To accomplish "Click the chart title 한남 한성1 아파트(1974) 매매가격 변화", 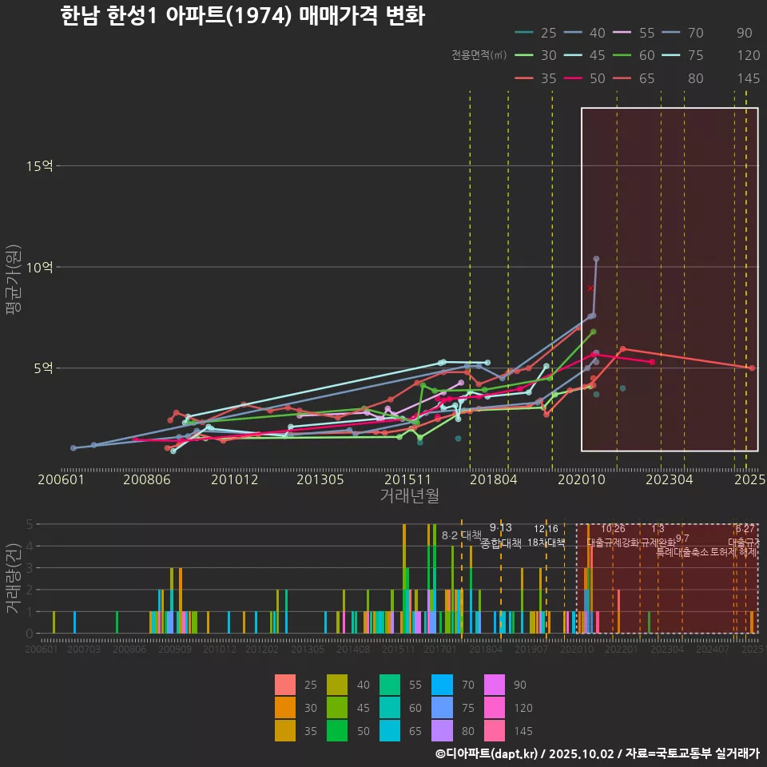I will coord(242,17).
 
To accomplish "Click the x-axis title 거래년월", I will coord(409,495).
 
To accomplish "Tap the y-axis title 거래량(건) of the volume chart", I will coord(12,578).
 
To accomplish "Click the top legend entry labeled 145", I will coord(748,78).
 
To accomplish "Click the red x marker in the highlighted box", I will coord(590,288).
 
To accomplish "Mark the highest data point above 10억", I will coord(596,259).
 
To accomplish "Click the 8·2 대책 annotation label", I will coord(462,535).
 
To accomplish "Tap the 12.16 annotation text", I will coord(546,529).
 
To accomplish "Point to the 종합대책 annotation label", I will coord(501,542).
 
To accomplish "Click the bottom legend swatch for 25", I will coord(285,685).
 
